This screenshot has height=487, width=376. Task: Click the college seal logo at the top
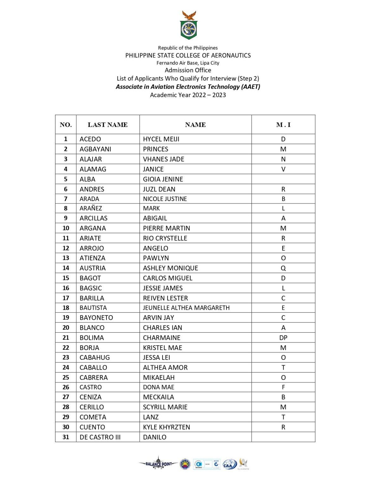click(x=189, y=25)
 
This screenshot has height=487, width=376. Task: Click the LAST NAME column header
click(x=108, y=125)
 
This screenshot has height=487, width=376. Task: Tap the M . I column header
click(x=283, y=125)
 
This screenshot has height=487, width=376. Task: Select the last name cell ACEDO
click(x=90, y=139)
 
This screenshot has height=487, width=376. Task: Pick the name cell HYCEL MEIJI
click(x=161, y=139)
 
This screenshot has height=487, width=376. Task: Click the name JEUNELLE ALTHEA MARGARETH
click(x=186, y=308)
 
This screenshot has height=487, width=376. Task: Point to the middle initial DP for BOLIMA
click(x=283, y=338)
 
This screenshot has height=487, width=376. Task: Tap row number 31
click(x=66, y=437)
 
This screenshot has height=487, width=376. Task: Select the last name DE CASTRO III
click(x=100, y=437)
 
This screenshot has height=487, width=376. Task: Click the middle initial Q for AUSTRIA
click(x=283, y=268)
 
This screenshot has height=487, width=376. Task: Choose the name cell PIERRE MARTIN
click(x=166, y=228)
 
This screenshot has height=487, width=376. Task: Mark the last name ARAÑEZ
click(x=91, y=208)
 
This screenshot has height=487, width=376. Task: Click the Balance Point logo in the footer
click(x=158, y=464)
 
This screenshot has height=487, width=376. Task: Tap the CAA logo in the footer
click(x=229, y=464)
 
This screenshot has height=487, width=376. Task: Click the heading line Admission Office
click(x=188, y=70)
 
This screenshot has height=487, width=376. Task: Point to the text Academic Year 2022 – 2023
click(x=188, y=95)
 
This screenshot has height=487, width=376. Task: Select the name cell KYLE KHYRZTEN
click(x=166, y=427)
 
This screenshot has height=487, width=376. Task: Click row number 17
click(x=66, y=298)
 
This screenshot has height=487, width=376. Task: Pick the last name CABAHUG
click(x=95, y=358)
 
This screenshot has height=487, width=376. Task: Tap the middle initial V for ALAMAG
click(x=283, y=169)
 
